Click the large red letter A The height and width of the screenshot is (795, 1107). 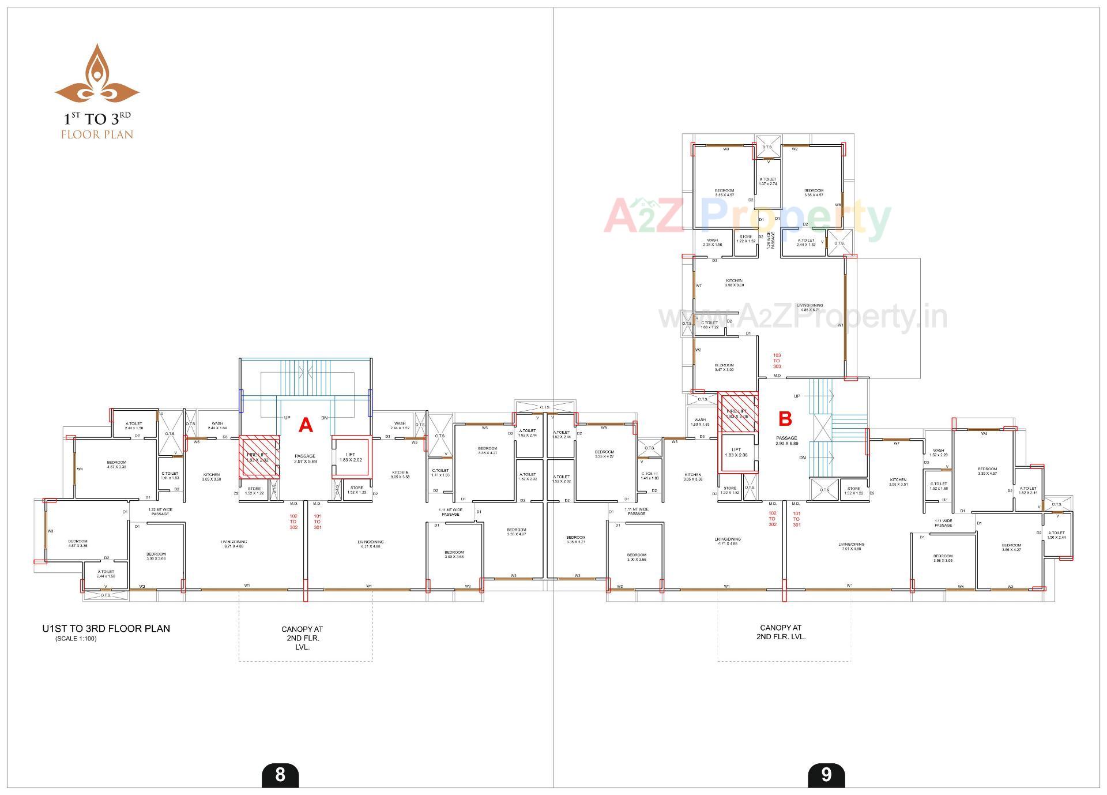tap(306, 426)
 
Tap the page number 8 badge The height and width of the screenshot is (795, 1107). tap(280, 774)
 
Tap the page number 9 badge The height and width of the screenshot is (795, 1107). tap(826, 774)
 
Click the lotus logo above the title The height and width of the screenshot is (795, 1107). tap(97, 75)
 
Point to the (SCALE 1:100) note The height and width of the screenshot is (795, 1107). tap(76, 639)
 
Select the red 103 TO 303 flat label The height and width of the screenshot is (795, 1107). tap(777, 361)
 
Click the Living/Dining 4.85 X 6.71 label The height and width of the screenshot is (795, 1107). tap(809, 307)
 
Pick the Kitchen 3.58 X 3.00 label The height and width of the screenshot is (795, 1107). tap(734, 283)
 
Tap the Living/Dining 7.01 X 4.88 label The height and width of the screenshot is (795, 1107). tap(851, 546)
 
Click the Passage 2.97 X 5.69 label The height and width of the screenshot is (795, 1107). tap(304, 459)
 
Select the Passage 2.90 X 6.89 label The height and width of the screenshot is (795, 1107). tap(786, 441)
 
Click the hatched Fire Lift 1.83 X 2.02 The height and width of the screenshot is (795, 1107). tap(258, 457)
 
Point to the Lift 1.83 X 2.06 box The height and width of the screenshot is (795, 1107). tap(736, 453)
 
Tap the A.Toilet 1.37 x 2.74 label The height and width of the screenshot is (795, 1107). tap(767, 181)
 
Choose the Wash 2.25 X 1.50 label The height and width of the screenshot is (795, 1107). tap(712, 242)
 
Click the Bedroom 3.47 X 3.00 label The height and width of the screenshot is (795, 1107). tap(724, 367)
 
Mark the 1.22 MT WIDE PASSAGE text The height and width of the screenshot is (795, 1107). tap(160, 512)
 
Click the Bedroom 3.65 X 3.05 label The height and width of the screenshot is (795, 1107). tap(943, 558)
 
